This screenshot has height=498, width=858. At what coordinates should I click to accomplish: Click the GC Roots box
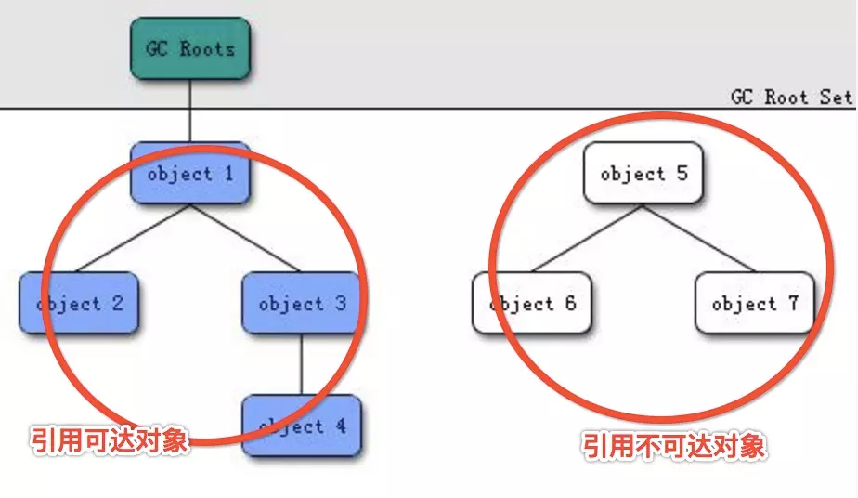189,48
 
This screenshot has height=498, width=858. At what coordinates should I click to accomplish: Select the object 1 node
189,173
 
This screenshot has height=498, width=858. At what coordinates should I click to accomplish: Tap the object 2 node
79,303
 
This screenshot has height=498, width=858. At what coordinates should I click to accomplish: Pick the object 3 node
301,303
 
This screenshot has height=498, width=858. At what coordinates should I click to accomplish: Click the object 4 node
301,426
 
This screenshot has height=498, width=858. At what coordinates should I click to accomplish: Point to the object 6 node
531,303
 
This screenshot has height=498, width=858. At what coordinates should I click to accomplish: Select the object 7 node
754,303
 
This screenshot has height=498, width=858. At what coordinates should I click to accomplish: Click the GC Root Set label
791,98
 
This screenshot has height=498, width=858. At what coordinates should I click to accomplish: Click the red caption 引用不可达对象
675,446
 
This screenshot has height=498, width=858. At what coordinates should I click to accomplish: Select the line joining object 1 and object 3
245,238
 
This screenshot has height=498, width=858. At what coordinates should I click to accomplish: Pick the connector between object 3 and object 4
301,364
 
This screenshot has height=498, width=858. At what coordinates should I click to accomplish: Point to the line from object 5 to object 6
587,238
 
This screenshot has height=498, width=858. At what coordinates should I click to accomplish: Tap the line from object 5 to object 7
698,238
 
